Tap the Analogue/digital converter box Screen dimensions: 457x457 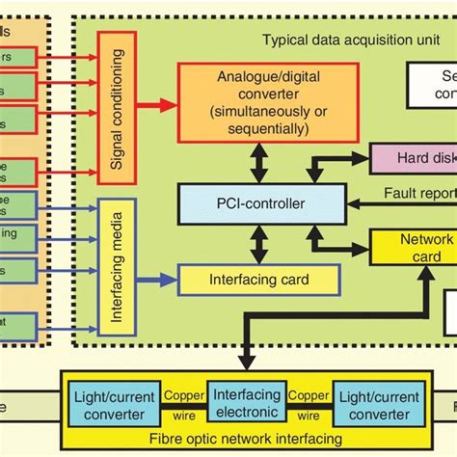[267, 99]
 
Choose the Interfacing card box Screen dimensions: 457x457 [259, 280]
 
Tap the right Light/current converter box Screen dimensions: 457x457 [372, 405]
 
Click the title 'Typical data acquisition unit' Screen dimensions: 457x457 [336, 40]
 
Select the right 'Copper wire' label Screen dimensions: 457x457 [308, 405]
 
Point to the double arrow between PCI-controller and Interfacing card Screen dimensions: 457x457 [255, 244]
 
